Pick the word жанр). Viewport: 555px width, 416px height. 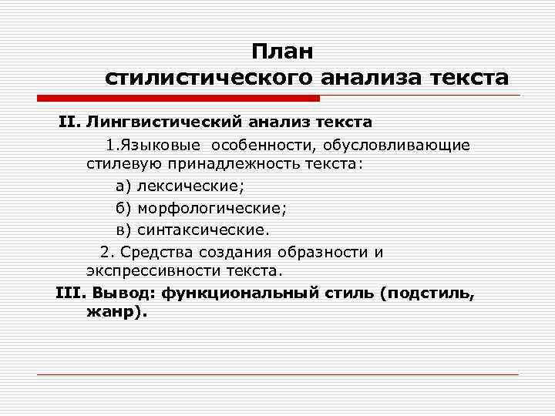coord(116,313)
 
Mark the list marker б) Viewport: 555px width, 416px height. coord(124,207)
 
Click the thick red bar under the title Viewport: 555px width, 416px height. coord(178,99)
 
